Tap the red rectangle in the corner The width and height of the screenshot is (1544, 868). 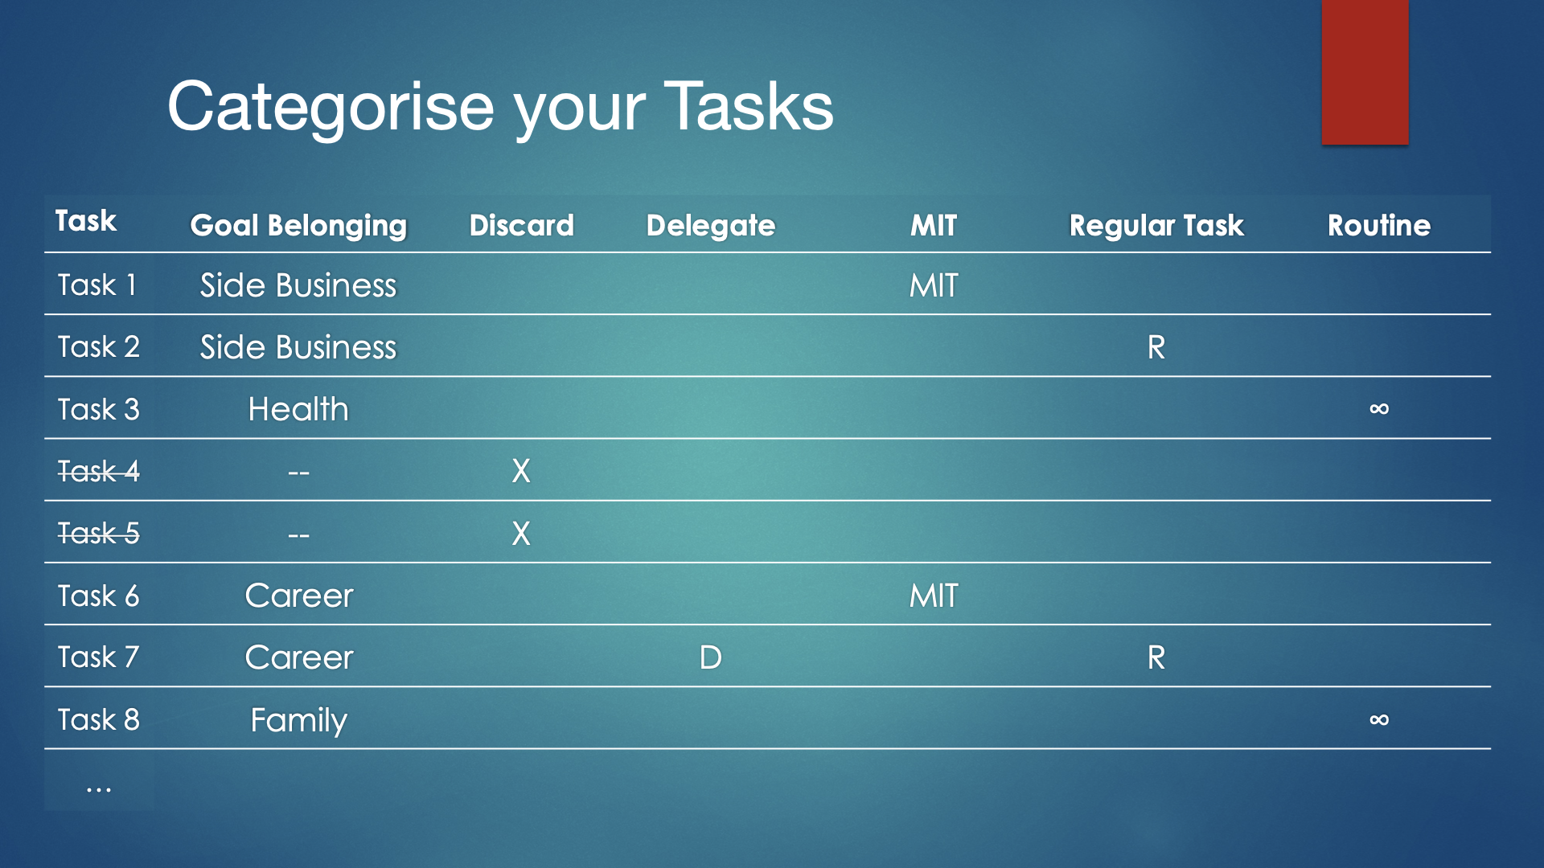1365,72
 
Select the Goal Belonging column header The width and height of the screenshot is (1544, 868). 298,226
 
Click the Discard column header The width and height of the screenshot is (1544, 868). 521,225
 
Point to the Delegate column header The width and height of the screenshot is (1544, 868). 711,226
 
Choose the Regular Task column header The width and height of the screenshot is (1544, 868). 1156,226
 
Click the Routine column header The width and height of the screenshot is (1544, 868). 1379,225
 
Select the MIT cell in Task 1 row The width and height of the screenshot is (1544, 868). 934,285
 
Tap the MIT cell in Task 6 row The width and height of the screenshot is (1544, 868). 934,596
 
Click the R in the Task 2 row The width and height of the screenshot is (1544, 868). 1156,347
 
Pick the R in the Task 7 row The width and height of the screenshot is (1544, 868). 1156,657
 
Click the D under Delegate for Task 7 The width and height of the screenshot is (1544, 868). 711,657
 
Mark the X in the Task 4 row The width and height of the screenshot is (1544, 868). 521,471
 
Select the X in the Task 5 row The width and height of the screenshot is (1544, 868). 521,534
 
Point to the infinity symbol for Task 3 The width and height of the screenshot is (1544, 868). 1379,409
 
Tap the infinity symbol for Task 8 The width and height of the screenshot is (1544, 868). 1379,719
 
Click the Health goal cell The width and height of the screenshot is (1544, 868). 298,409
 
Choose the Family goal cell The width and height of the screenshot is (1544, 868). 298,721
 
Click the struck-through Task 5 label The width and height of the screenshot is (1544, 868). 98,533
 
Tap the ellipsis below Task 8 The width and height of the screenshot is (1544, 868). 98,790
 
